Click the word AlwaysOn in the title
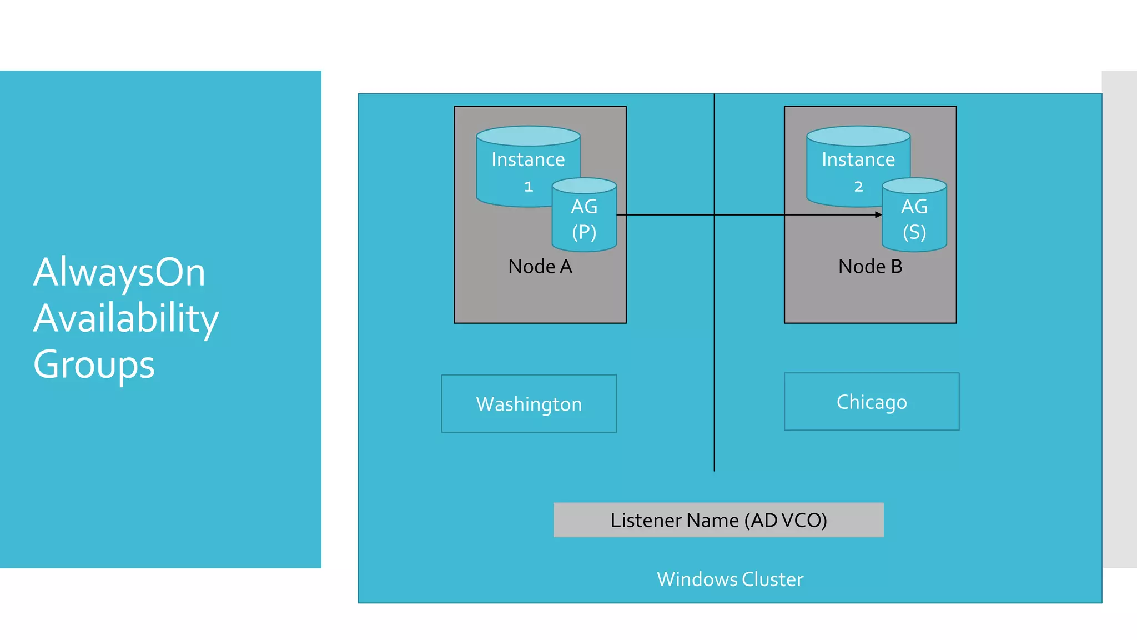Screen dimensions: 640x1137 (119, 273)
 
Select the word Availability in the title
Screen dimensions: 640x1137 (126, 319)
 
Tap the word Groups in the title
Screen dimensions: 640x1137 (94, 364)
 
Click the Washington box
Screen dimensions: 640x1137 (529, 404)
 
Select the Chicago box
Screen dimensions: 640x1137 (871, 402)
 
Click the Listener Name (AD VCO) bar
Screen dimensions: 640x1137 (718, 520)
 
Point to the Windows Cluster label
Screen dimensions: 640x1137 (730, 579)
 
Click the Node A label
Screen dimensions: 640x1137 (540, 267)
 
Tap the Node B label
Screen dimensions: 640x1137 (870, 267)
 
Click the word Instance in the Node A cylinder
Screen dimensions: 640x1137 (528, 160)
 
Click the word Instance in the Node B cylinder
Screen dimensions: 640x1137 (858, 160)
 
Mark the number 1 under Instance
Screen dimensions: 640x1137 (529, 187)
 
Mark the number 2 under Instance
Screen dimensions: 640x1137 (858, 187)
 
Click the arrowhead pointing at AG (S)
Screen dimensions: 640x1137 (878, 214)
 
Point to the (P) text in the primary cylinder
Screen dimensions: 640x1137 (584, 232)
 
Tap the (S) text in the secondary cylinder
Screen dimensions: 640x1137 (914, 232)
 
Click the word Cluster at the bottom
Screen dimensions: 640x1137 (772, 579)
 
